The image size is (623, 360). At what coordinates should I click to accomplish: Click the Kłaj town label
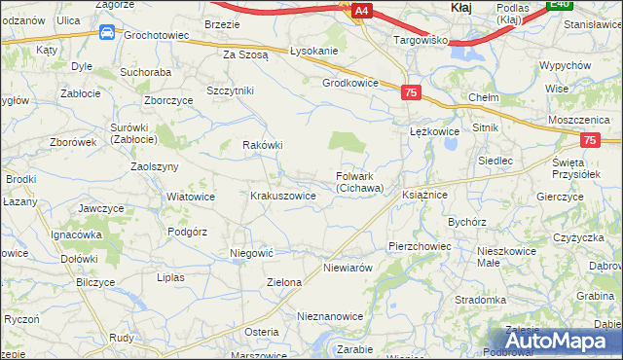coord(461,8)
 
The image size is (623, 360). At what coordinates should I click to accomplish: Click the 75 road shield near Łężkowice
coord(410,91)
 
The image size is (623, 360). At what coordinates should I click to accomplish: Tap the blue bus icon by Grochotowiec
coord(106,33)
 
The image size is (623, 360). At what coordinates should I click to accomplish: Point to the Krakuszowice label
coord(282,196)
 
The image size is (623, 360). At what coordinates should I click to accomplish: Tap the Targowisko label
coord(420,41)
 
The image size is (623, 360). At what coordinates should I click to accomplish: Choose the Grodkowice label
coord(350,83)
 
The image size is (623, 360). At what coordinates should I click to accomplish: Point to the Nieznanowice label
coord(330,316)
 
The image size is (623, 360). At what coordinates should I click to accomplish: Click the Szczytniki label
coord(231,90)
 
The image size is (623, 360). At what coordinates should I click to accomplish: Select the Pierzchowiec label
coord(420,246)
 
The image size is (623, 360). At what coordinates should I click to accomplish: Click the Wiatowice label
coord(191,196)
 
